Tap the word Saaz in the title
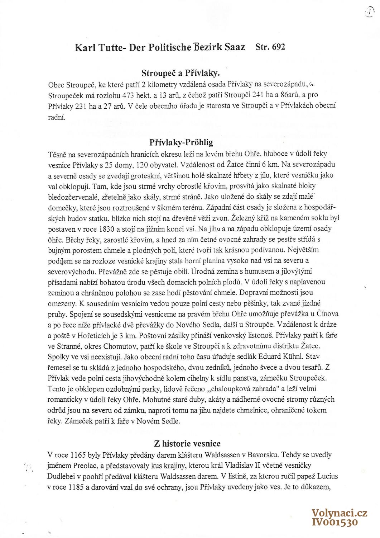coord(235,47)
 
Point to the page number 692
coord(278,47)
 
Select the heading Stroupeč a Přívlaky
coord(181,73)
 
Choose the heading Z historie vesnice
coord(187,444)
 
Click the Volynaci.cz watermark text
coord(339,513)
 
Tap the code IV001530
coord(335,522)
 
